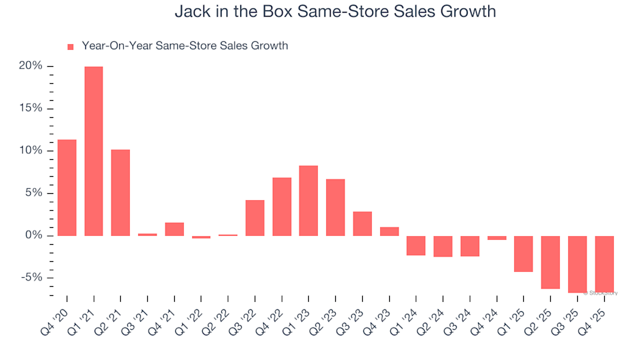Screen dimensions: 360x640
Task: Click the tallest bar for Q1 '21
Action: (93, 151)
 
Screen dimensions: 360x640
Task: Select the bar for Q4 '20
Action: (67, 187)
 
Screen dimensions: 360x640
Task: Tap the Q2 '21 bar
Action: (121, 193)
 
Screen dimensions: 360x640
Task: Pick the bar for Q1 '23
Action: (309, 201)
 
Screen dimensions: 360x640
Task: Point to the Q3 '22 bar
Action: (255, 218)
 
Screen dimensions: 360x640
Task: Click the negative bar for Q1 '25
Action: (523, 254)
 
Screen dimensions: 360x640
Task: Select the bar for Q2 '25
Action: (551, 263)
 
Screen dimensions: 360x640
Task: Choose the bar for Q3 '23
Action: (362, 224)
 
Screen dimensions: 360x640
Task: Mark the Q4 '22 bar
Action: (282, 207)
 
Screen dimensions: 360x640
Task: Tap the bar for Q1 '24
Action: (416, 245)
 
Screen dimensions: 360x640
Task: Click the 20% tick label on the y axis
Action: (31, 66)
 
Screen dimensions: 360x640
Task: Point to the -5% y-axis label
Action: (31, 278)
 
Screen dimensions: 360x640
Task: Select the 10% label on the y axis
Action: (31, 151)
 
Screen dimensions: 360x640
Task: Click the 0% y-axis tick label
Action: (33, 236)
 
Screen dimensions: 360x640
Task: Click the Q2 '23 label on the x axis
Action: (329, 319)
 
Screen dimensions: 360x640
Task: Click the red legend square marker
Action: (71, 47)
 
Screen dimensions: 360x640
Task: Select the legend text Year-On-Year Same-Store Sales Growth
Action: (185, 46)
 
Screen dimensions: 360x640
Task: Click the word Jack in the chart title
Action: (192, 12)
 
